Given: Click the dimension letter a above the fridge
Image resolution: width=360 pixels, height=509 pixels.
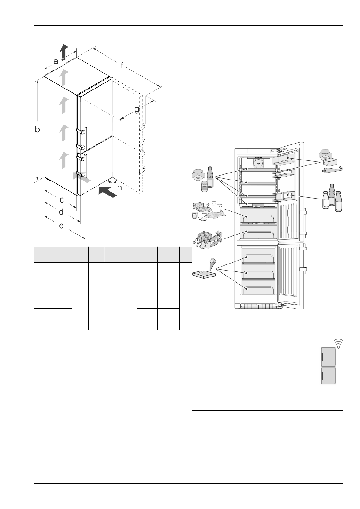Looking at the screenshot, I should (x=56, y=61).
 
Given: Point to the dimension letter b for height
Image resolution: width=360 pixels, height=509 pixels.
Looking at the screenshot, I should (x=37, y=130).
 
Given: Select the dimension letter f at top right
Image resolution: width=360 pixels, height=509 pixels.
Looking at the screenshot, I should (x=122, y=65).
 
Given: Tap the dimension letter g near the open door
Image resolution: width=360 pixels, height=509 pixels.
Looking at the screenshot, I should (x=137, y=109).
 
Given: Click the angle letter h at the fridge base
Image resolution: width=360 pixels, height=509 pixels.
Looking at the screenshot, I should (x=119, y=187).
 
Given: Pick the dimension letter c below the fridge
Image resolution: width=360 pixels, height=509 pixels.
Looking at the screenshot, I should (x=62, y=200).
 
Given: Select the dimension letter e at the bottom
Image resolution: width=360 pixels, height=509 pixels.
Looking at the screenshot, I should (x=61, y=225).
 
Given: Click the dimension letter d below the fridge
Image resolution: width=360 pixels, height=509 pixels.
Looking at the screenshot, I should (x=61, y=212).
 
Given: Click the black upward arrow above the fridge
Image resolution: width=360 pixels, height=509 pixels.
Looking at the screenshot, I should (x=64, y=52).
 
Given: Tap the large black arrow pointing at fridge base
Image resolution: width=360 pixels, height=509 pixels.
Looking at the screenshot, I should (x=107, y=192).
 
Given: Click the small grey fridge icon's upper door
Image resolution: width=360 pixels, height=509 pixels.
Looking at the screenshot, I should (x=328, y=357).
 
